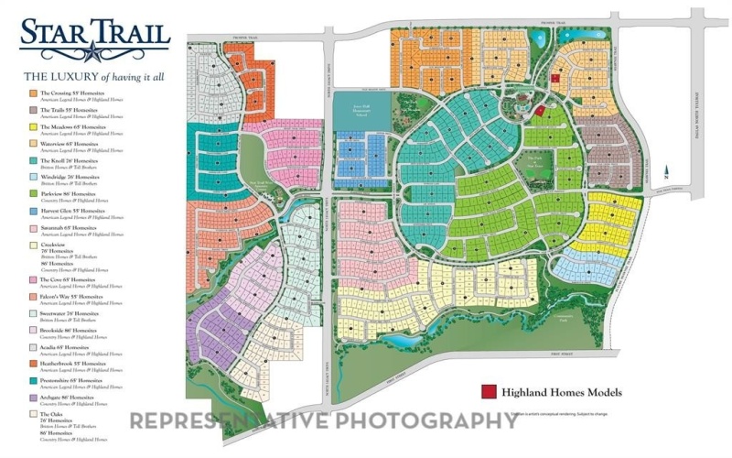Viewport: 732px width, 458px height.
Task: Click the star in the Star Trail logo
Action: tap(94, 38)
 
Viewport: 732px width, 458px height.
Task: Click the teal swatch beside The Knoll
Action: tap(32, 160)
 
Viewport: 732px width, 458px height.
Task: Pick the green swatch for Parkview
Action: tap(32, 194)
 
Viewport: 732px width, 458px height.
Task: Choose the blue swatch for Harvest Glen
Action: tap(32, 211)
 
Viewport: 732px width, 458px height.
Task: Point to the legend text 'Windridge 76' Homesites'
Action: tap(72, 177)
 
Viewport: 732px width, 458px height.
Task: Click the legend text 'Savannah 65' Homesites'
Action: tap(72, 227)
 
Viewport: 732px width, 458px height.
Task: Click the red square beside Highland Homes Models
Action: tap(489, 393)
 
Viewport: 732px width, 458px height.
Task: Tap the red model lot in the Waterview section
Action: tap(554, 79)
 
